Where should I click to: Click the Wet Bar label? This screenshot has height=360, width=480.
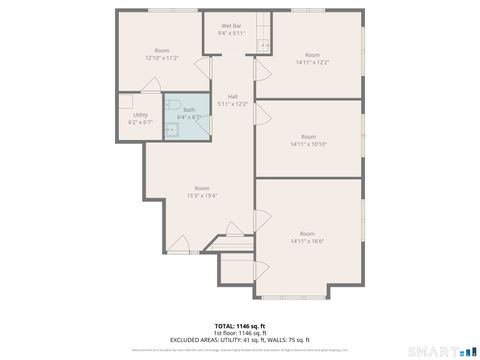pos(231,25)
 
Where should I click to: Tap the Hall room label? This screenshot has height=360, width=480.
pos(232,96)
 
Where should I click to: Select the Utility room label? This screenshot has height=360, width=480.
pos(140,114)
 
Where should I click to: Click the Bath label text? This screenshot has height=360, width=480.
pos(188,110)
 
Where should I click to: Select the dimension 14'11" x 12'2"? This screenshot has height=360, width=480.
pos(312,62)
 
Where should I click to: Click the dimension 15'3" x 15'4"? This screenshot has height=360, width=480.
pos(202,196)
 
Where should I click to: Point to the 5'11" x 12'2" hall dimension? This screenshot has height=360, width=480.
pos(232,103)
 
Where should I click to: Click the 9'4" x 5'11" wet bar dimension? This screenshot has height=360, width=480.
pos(231,33)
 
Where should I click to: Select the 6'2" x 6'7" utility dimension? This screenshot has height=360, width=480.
pos(140,122)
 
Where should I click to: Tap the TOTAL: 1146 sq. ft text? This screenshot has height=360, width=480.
pos(240,326)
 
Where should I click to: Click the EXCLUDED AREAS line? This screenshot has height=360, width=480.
pos(240,340)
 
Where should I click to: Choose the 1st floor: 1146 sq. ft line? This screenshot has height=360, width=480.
pos(240,333)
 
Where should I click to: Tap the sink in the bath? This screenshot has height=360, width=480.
pos(169,129)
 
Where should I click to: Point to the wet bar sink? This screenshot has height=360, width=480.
pos(264,46)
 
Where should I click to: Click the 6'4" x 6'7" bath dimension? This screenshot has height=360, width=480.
pos(188,117)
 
